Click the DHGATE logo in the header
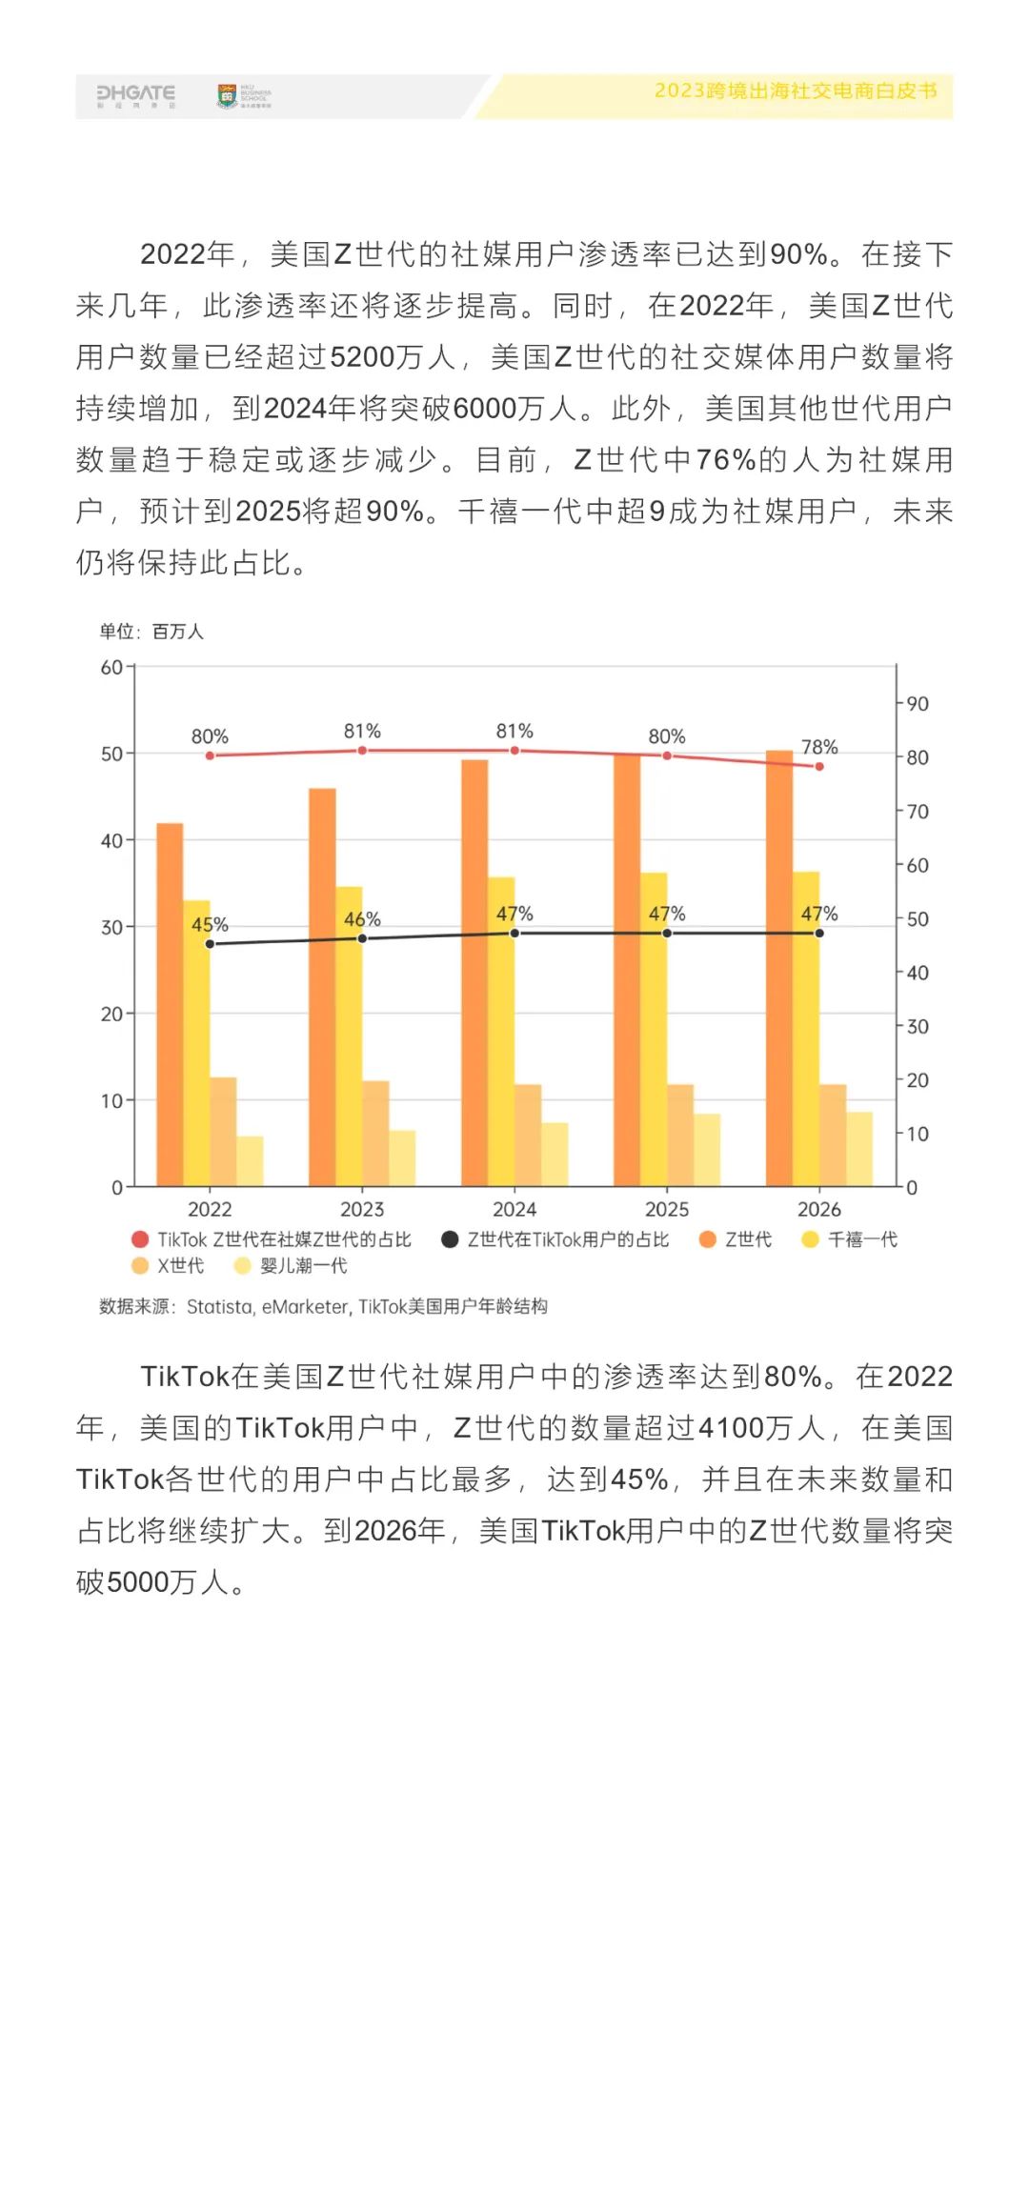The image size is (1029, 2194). [135, 95]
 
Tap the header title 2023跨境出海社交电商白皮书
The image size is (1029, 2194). [795, 91]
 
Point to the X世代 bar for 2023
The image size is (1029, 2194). [375, 1133]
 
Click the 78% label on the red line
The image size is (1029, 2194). [819, 747]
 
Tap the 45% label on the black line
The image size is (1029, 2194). [210, 924]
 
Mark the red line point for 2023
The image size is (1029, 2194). [362, 751]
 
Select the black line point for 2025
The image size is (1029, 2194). [667, 933]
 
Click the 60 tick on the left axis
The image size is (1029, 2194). [111, 667]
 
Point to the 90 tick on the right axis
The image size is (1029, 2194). [918, 704]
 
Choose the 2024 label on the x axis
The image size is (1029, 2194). [514, 1209]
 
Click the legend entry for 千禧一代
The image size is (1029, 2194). [850, 1239]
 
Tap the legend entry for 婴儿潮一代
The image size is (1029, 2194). [292, 1266]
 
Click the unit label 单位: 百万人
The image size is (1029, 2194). [151, 632]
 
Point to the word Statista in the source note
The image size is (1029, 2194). [220, 1306]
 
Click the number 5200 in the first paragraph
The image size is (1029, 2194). [361, 357]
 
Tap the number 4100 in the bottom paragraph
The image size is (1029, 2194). [731, 1428]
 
